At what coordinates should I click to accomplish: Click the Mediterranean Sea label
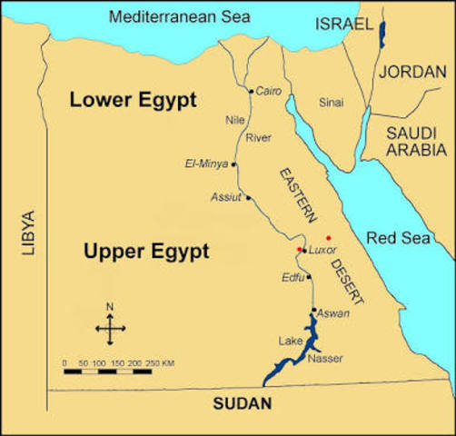[x=166, y=16]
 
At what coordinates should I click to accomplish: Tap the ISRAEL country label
[x=343, y=25]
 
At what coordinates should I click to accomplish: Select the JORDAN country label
[x=413, y=72]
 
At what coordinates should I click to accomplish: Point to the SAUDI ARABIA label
[x=416, y=141]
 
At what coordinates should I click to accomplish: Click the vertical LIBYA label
[x=27, y=233]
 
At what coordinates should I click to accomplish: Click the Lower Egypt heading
[x=133, y=100]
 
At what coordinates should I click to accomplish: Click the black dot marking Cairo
[x=252, y=91]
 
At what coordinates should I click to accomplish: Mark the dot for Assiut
[x=248, y=197]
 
